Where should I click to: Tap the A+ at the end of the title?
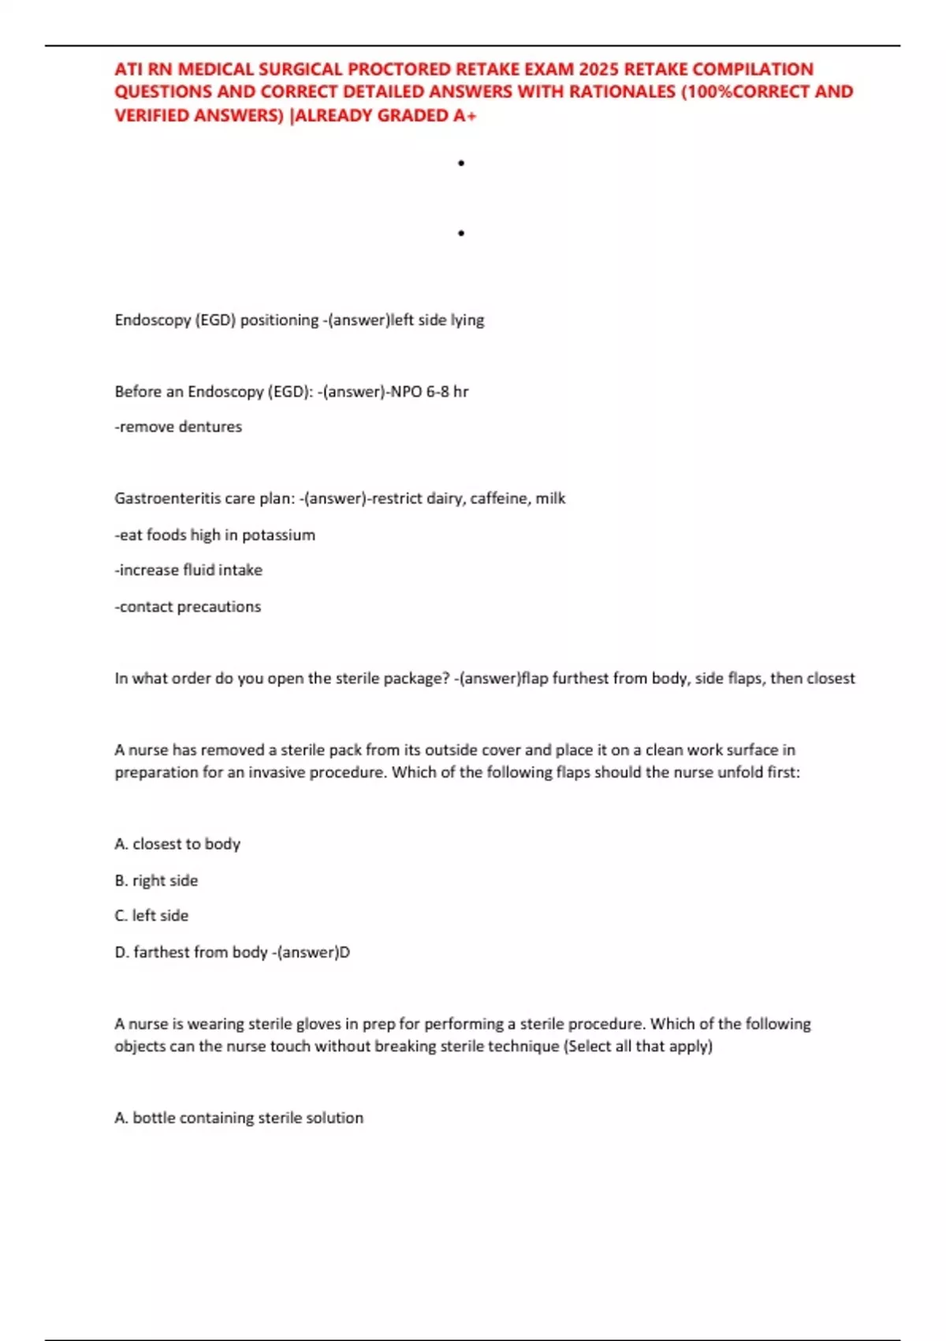pyautogui.click(x=465, y=115)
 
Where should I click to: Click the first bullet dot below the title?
pyautogui.click(x=461, y=163)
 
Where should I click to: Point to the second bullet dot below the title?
pyautogui.click(x=461, y=233)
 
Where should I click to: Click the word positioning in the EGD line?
pyautogui.click(x=279, y=320)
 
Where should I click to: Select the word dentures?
pyautogui.click(x=210, y=427)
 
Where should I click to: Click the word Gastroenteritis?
pyautogui.click(x=164, y=499)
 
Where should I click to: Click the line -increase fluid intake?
pyautogui.click(x=188, y=570)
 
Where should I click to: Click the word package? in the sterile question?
pyautogui.click(x=418, y=678)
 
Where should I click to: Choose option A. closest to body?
pyautogui.click(x=177, y=844)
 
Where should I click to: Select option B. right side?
pyautogui.click(x=156, y=880)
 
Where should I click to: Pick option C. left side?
pyautogui.click(x=151, y=916)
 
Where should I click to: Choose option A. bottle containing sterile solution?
pyautogui.click(x=239, y=1118)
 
